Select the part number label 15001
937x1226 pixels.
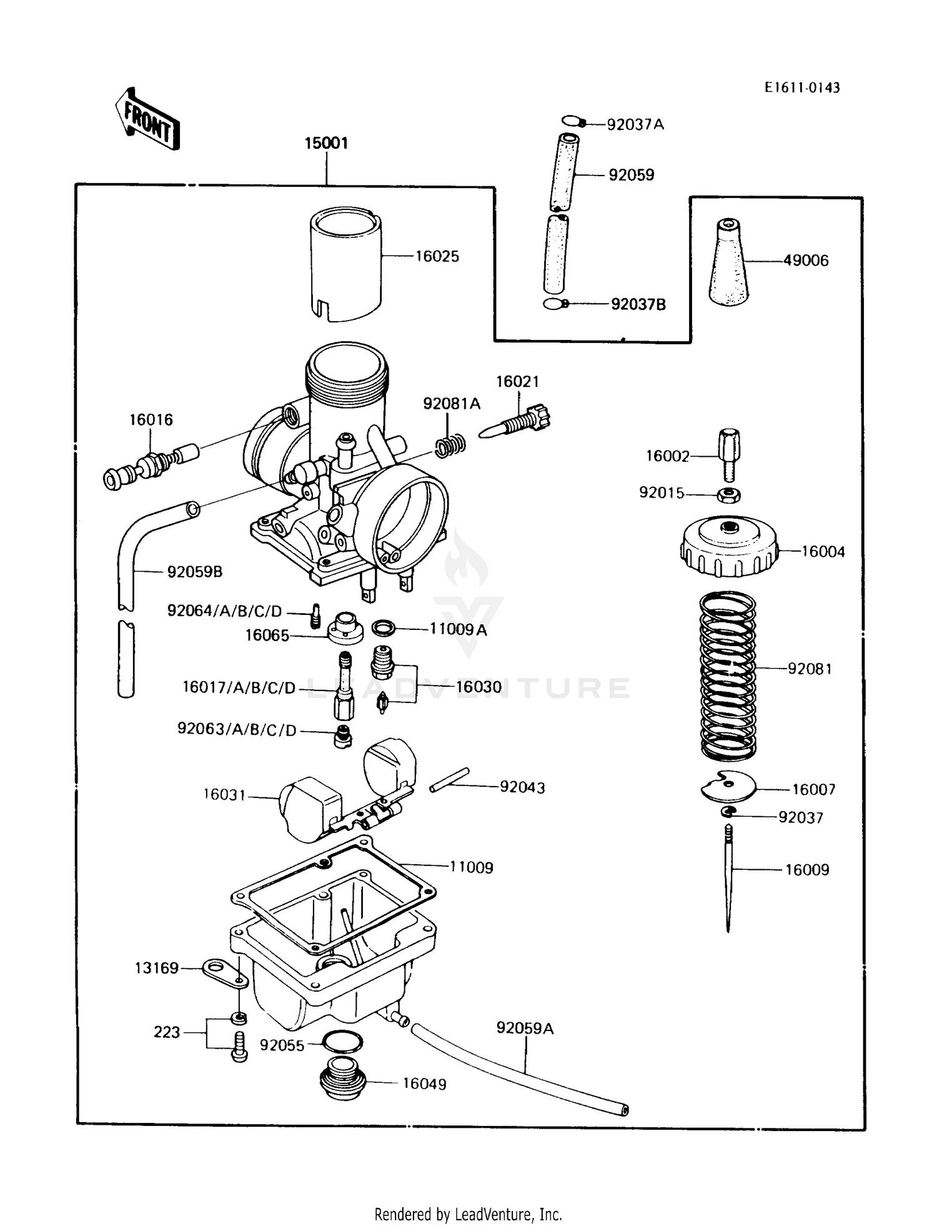326,143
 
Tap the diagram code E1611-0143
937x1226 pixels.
802,87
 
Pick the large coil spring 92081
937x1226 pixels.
728,675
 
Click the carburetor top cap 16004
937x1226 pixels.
729,548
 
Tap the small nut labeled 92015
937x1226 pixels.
728,495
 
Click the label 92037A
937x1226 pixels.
635,125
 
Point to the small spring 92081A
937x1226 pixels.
450,446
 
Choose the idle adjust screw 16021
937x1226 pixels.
517,423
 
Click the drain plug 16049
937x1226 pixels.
342,1083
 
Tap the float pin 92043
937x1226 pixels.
449,780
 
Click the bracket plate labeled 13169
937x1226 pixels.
223,972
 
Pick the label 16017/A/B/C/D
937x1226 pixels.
239,688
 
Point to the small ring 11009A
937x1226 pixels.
383,627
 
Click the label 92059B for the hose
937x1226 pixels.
194,572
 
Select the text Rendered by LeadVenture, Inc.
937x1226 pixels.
468,1214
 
